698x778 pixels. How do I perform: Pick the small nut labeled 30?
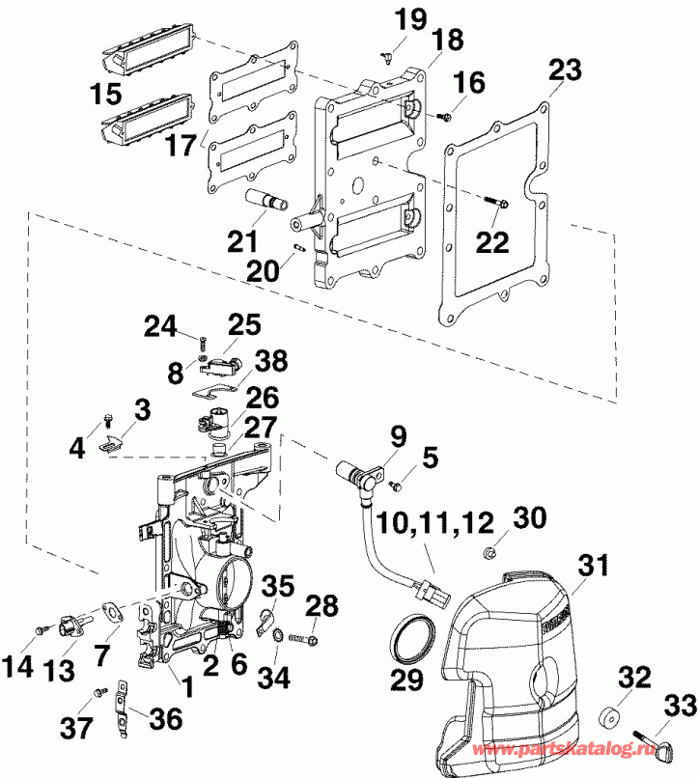point(490,553)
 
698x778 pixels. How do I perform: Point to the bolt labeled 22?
point(498,203)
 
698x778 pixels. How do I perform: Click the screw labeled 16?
point(444,118)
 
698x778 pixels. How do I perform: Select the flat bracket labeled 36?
point(123,706)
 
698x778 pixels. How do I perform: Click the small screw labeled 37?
point(98,691)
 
